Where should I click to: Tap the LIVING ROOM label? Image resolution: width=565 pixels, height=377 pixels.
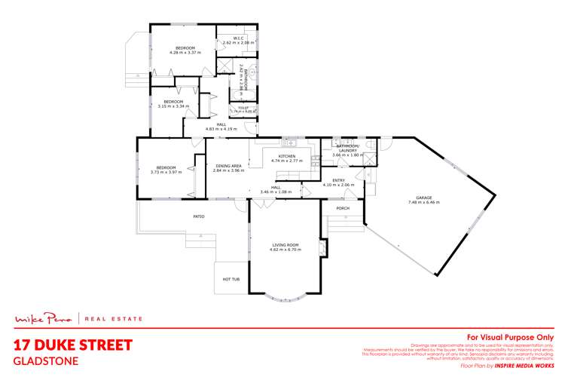286,244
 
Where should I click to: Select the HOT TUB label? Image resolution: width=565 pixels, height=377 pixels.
231,279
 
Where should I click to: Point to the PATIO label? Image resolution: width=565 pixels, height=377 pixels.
199,216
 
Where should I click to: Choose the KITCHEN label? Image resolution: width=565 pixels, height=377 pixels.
286,156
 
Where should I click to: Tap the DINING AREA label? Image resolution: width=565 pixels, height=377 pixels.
228,165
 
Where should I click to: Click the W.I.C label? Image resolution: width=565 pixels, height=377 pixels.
237,38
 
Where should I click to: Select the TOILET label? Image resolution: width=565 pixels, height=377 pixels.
243,108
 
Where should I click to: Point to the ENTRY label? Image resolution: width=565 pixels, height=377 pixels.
339,180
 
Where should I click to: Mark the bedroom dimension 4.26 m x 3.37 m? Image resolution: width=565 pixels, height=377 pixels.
185,54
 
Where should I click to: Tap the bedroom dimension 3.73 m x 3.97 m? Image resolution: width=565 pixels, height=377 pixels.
166,172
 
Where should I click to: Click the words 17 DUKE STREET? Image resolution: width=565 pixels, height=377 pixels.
74,345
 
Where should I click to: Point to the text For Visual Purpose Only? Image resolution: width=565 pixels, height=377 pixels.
511,337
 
